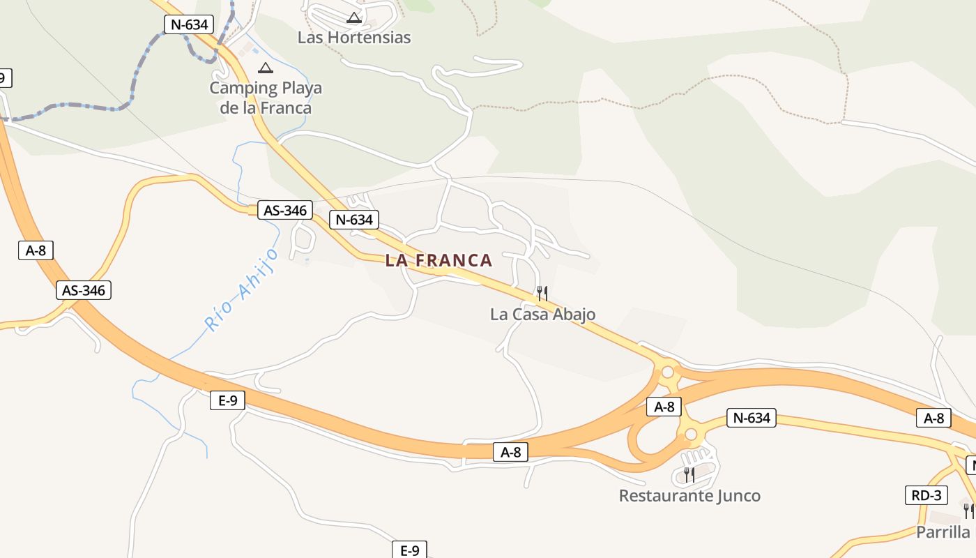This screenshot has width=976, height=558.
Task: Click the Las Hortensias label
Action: [354, 37]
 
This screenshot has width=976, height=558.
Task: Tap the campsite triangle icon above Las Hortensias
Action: [354, 17]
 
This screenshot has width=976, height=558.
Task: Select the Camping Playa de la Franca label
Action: [266, 98]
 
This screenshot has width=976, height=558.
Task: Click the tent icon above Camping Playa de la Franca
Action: [265, 68]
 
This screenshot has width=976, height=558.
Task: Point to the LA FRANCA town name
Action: [439, 261]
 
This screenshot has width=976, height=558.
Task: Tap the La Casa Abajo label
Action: [542, 315]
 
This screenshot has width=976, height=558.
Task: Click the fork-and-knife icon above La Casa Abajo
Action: [542, 293]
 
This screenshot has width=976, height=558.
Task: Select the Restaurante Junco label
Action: [689, 496]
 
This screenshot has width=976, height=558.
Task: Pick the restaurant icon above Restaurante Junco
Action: [689, 475]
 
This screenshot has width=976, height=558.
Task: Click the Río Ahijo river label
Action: [241, 289]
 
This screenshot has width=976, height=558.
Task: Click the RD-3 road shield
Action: [927, 496]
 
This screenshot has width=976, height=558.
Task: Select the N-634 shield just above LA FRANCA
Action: [354, 220]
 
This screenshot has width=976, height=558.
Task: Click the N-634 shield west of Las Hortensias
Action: [189, 24]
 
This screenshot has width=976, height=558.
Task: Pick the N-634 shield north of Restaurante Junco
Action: [752, 418]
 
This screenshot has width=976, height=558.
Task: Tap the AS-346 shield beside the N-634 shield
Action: [284, 210]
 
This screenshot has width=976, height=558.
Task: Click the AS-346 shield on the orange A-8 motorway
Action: [84, 290]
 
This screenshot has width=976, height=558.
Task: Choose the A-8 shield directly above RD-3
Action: [933, 418]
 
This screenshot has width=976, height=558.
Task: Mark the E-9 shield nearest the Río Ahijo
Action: [228, 400]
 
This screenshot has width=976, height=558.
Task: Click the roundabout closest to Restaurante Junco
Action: [691, 435]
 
